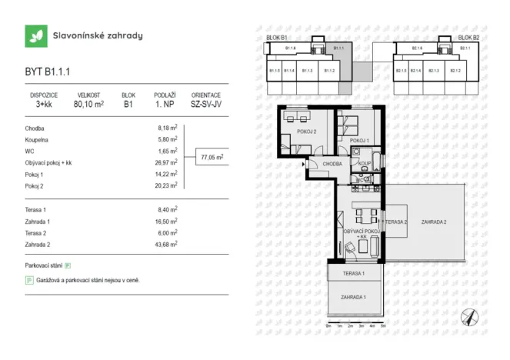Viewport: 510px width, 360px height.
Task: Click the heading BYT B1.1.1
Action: tap(48, 72)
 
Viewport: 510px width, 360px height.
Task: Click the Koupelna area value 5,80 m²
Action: tap(167, 139)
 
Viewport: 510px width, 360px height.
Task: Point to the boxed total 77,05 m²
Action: tap(212, 157)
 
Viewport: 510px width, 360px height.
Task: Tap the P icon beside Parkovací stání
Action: tap(68, 265)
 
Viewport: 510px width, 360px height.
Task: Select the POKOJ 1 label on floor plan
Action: tap(359, 140)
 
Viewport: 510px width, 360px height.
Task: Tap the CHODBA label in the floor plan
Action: tap(332, 164)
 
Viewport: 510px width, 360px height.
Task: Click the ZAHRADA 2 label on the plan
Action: tap(434, 222)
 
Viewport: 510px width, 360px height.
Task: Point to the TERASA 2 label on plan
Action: tap(395, 222)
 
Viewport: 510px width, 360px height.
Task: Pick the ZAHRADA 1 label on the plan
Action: tap(355, 297)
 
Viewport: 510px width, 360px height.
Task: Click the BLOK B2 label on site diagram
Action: tap(468, 37)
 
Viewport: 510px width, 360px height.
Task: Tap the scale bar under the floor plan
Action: tap(355, 324)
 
